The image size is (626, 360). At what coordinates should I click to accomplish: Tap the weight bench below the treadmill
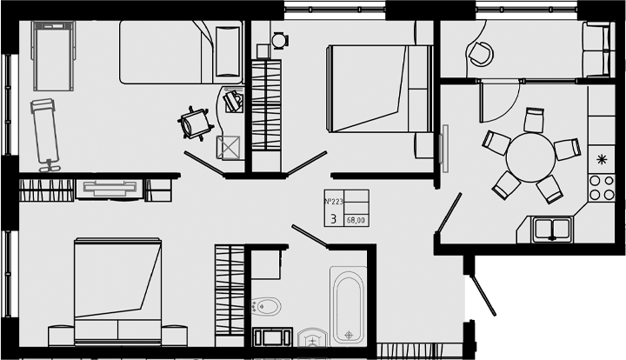(44, 132)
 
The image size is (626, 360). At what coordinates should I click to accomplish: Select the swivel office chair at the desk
(194, 123)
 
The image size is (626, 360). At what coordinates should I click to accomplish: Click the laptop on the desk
(232, 100)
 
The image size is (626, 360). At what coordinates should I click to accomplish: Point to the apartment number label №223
(334, 203)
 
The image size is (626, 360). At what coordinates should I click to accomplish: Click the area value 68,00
(356, 220)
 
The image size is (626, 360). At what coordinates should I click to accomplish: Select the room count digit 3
(334, 217)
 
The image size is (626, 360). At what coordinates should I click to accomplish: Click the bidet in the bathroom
(267, 306)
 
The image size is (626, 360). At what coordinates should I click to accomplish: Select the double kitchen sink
(551, 229)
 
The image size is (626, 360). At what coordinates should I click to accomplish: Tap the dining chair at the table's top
(534, 120)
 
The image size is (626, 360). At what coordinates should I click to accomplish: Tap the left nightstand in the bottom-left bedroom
(60, 334)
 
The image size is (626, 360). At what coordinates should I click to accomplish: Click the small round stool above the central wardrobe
(279, 39)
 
